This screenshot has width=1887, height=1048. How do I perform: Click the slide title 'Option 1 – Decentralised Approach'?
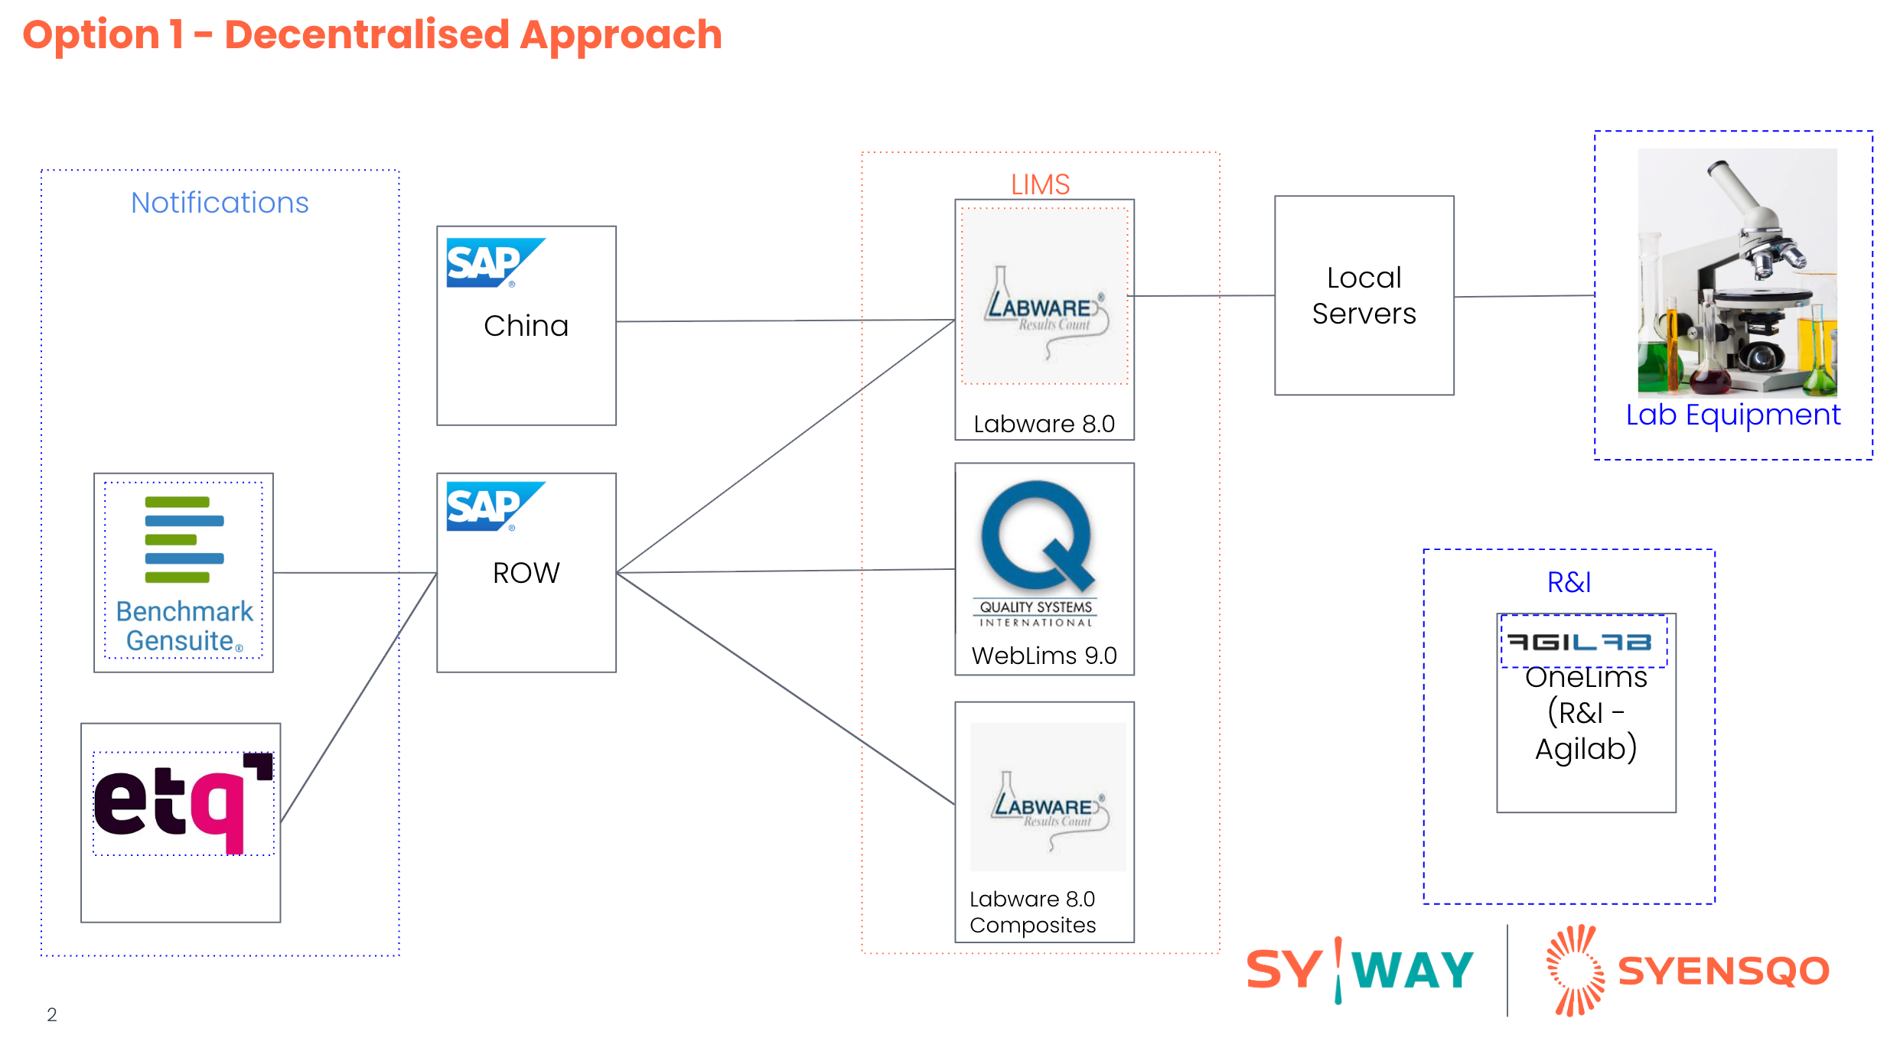(x=372, y=35)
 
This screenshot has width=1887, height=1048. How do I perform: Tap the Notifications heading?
(x=220, y=203)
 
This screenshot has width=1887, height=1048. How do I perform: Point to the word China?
(x=526, y=326)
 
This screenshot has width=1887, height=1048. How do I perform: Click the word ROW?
(x=526, y=573)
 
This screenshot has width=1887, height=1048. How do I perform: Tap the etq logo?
(x=183, y=802)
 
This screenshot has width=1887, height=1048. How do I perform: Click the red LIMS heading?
(x=1040, y=184)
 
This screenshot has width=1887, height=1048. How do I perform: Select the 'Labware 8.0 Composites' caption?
(x=1032, y=912)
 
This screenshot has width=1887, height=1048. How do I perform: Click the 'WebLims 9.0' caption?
(x=1044, y=656)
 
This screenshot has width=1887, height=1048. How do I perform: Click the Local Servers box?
(x=1364, y=295)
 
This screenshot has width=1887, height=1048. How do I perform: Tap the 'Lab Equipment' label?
(x=1732, y=415)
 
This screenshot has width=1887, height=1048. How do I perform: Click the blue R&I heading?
(x=1569, y=583)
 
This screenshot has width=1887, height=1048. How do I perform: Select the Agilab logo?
(x=1579, y=642)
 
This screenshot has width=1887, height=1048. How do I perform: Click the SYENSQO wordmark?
(x=1723, y=972)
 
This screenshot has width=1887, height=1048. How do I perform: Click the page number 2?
(x=52, y=1014)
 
